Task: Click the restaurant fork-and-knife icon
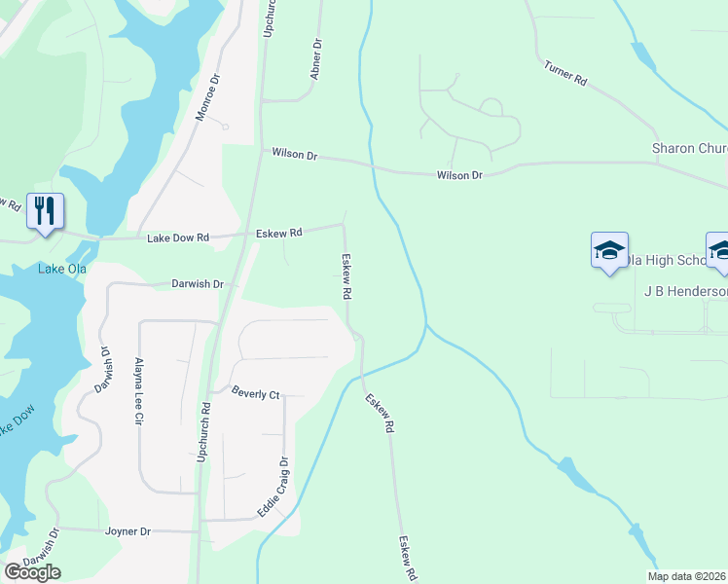[x=45, y=211]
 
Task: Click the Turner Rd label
[x=565, y=75]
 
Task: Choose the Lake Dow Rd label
[x=178, y=237]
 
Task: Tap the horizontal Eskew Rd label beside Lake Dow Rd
[x=279, y=233]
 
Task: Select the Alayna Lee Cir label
[x=138, y=389]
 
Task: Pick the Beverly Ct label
[x=255, y=394]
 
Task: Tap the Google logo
[x=33, y=572]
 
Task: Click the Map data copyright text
[x=687, y=576]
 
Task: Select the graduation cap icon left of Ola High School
[x=609, y=251]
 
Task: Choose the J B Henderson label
[x=685, y=291]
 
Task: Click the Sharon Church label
[x=689, y=148]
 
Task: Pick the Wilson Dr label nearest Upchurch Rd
[x=295, y=155]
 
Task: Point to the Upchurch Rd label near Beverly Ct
[x=204, y=431]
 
